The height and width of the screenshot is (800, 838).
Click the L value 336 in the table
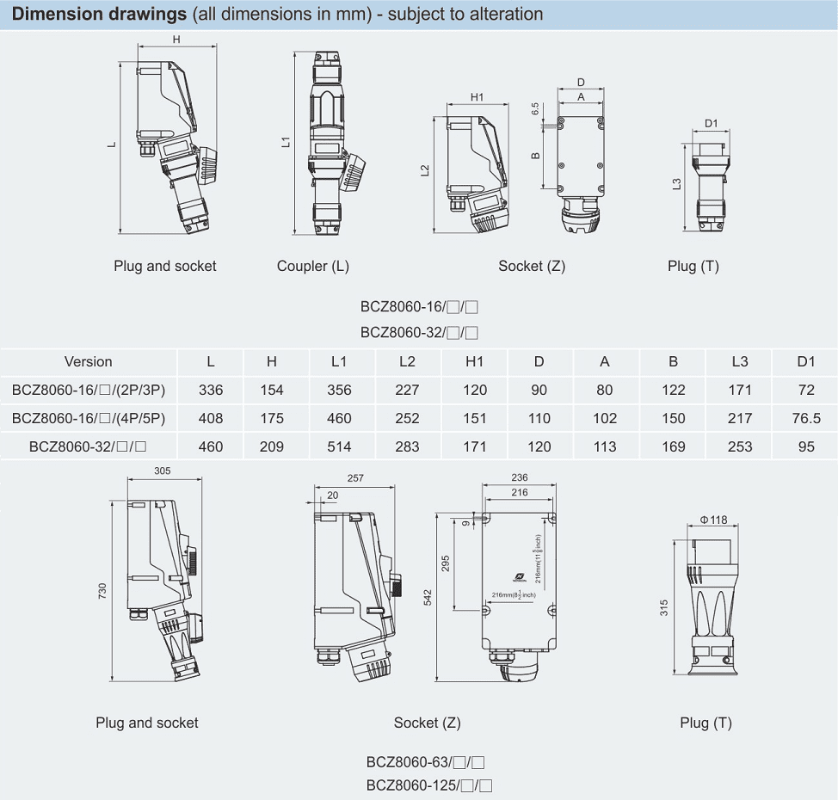point(211,390)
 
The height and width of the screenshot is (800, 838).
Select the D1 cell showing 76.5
point(805,418)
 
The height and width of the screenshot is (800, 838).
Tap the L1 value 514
point(339,446)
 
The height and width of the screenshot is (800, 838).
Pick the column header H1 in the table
point(474,361)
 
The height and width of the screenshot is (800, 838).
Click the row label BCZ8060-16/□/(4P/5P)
point(89,418)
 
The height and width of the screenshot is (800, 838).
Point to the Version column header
point(88,361)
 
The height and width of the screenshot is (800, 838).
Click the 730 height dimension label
point(102,591)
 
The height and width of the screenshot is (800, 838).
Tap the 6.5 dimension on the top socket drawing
point(534,109)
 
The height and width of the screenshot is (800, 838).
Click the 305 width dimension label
point(162,471)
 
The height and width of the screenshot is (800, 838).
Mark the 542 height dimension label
point(428,598)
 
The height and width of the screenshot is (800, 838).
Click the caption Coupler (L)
point(313,266)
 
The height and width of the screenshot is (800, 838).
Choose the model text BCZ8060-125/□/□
point(428,785)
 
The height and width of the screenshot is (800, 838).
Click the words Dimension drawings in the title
point(99,14)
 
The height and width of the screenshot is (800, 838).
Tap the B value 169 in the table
point(674,446)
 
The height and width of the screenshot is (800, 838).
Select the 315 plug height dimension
point(664,608)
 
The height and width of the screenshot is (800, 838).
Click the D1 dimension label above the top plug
point(712,123)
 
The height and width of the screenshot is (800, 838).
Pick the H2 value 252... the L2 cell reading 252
point(407,418)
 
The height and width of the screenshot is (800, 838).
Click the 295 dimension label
point(446,563)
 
